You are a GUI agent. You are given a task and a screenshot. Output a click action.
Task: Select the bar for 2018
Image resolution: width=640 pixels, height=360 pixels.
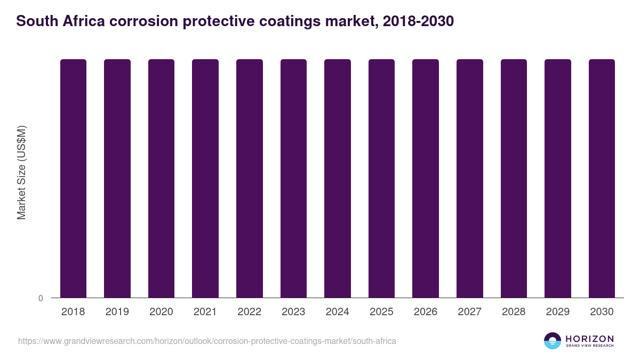[73, 178]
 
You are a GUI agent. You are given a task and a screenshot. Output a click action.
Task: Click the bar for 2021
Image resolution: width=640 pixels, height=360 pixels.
[205, 178]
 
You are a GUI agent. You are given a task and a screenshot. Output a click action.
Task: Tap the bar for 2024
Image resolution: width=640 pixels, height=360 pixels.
[338, 178]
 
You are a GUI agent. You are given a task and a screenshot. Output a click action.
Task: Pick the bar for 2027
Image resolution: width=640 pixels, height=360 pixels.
[470, 178]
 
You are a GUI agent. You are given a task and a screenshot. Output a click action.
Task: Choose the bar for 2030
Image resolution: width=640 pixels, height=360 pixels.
[602, 178]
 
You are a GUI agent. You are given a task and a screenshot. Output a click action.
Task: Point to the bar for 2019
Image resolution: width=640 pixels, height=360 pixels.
[117, 178]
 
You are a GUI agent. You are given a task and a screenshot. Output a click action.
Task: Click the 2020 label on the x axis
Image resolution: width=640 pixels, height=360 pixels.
[161, 312]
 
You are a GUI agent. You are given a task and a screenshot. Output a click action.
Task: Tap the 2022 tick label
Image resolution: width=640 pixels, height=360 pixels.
[249, 312]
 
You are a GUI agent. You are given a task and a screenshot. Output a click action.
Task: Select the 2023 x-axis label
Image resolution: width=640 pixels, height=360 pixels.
[293, 312]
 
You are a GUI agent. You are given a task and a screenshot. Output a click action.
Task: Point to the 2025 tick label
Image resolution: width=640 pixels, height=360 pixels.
[381, 312]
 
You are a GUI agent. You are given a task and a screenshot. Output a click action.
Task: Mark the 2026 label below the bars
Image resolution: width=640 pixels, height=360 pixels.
[426, 312]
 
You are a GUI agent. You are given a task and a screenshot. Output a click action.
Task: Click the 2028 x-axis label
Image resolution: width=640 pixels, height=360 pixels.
[514, 312]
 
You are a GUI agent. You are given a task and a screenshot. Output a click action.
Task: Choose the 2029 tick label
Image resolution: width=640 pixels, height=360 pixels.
[558, 312]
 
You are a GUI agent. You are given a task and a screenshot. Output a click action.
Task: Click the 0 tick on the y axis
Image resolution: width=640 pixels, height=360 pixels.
[41, 298]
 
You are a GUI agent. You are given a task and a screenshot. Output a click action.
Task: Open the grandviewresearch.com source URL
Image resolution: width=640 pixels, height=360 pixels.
[207, 341]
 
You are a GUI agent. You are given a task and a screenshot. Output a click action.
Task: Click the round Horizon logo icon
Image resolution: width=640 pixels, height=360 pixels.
[553, 341]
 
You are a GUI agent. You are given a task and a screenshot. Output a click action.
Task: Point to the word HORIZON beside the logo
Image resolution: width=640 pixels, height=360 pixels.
[589, 339]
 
